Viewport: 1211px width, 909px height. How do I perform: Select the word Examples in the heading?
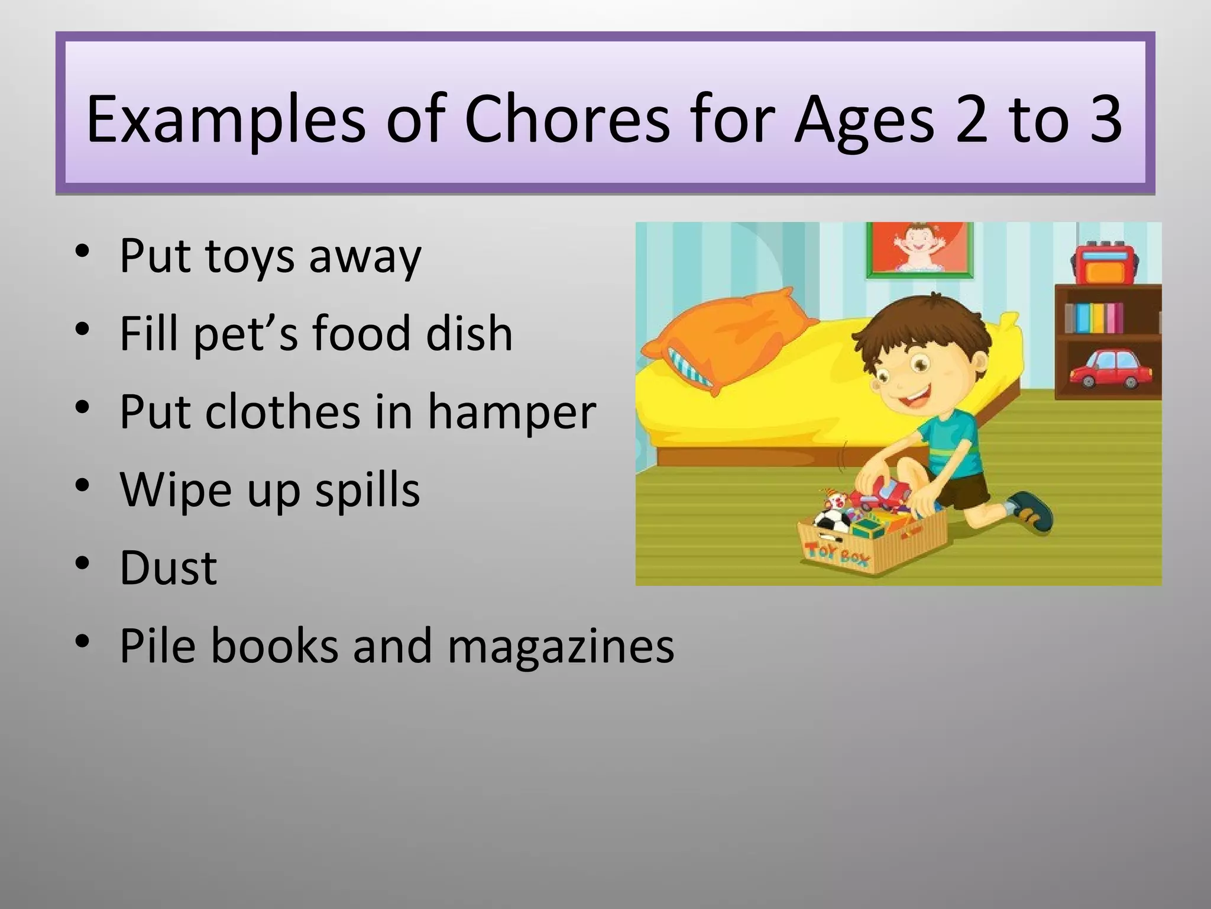click(x=226, y=121)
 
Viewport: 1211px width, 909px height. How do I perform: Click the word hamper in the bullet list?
click(x=511, y=412)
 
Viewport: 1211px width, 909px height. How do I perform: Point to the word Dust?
click(x=169, y=568)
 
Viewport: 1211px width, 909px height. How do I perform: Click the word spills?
click(x=367, y=490)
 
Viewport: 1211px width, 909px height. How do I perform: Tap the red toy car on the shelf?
click(x=1111, y=369)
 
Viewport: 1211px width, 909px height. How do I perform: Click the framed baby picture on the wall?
click(x=919, y=248)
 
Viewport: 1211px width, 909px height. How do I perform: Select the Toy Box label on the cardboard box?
click(x=837, y=553)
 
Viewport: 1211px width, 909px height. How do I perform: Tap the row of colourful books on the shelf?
click(x=1094, y=318)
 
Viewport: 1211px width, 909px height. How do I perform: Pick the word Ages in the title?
click(x=864, y=121)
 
